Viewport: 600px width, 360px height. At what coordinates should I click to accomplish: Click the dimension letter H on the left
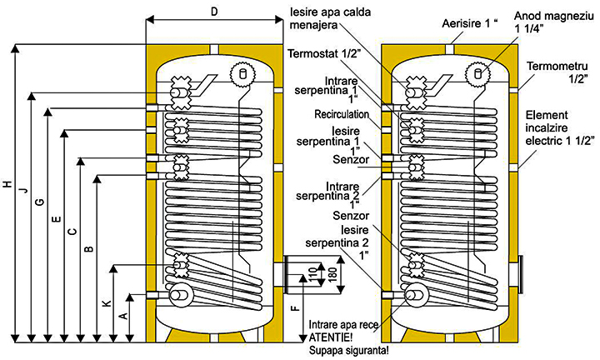(x=7, y=184)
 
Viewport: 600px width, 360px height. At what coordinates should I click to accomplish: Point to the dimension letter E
(x=55, y=219)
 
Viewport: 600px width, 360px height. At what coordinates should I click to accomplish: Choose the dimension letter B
(x=88, y=247)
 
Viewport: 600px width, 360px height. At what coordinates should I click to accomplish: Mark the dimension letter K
(x=106, y=304)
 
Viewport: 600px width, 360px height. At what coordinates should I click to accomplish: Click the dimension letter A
(x=122, y=317)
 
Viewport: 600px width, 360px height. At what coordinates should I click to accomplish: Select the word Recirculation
(x=341, y=114)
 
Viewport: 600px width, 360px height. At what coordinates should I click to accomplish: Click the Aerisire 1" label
(x=469, y=25)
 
